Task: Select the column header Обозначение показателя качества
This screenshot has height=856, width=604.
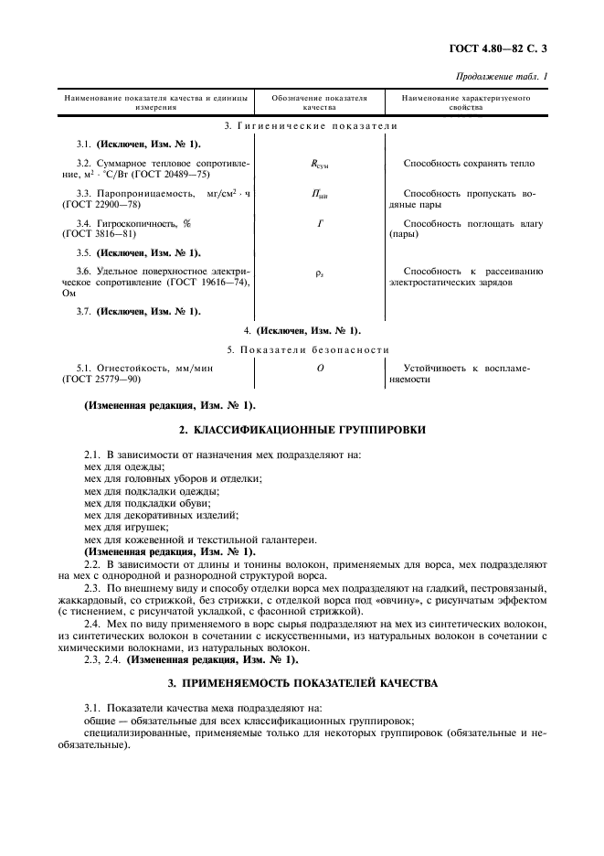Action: [x=320, y=102]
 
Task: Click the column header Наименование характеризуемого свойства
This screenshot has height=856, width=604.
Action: [x=464, y=102]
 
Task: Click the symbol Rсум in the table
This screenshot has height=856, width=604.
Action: [x=320, y=165]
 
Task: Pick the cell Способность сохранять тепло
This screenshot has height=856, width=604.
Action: [x=469, y=164]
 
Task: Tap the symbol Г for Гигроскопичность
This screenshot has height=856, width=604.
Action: [x=320, y=223]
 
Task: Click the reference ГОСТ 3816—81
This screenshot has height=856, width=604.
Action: [x=104, y=233]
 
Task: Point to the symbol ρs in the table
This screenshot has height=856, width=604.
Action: [x=320, y=273]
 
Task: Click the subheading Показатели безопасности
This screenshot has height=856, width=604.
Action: [x=308, y=349]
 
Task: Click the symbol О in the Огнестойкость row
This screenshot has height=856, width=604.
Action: [x=320, y=369]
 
